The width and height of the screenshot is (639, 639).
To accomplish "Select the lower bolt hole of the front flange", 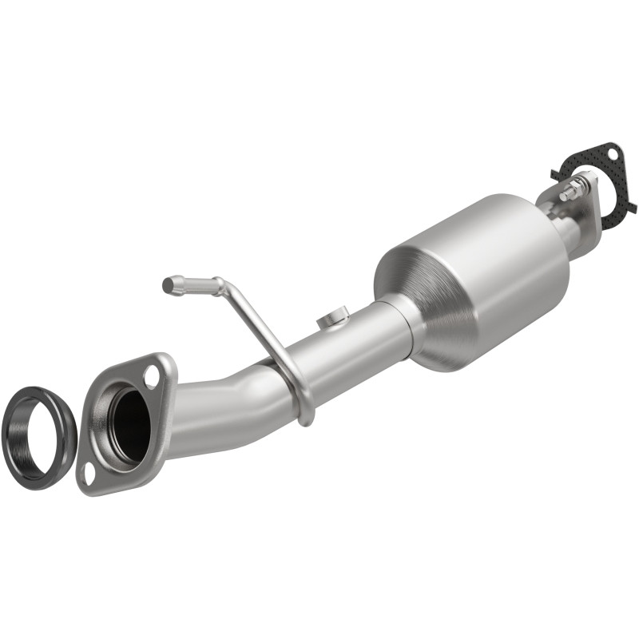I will [x=89, y=473].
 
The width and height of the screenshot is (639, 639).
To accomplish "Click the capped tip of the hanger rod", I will [x=169, y=284].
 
